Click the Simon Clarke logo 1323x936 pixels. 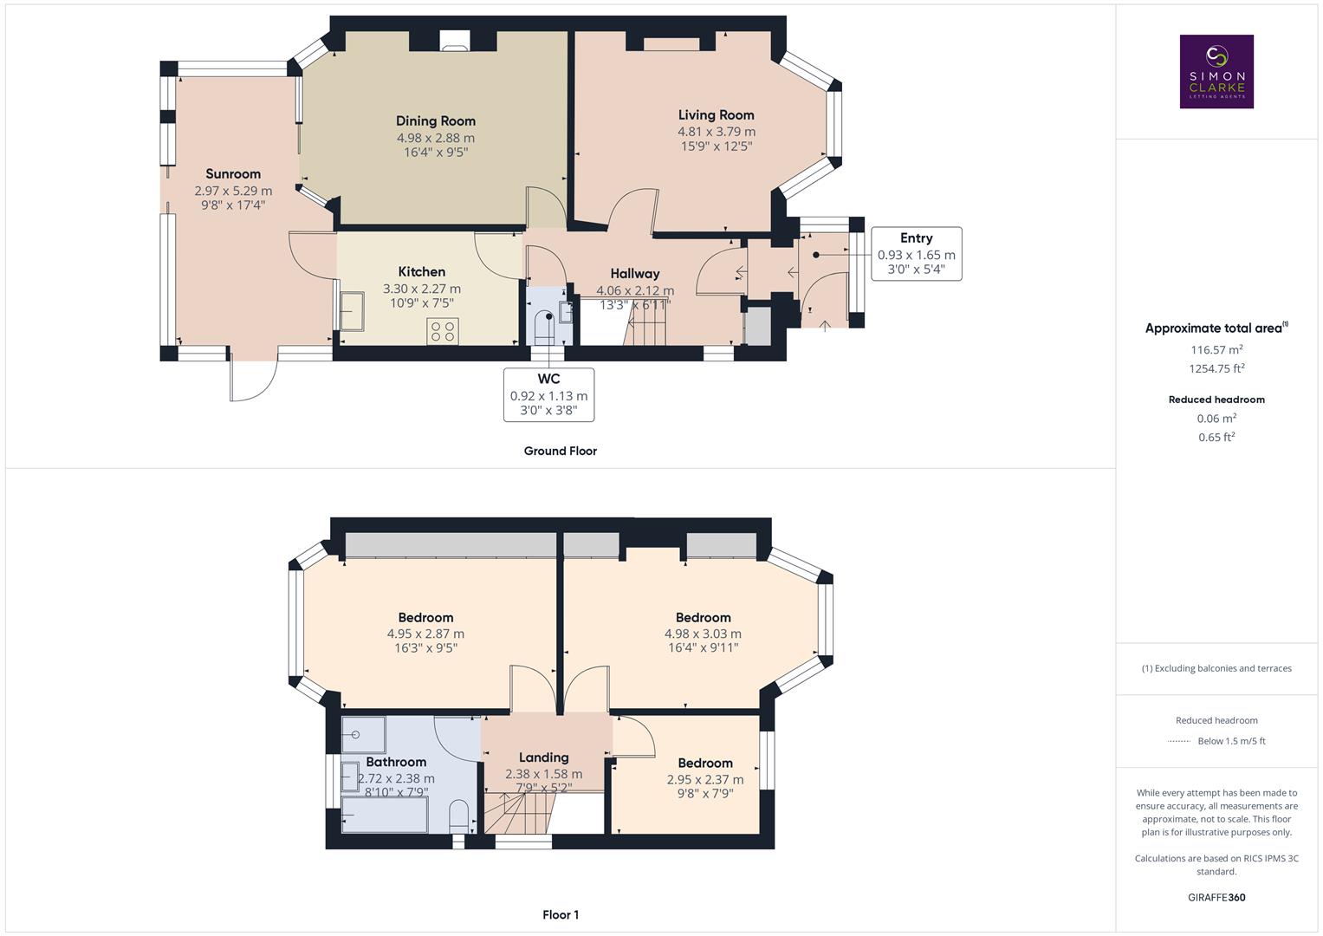click(1216, 72)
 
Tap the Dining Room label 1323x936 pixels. click(435, 121)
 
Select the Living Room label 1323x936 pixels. click(716, 115)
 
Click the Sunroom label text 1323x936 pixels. click(233, 174)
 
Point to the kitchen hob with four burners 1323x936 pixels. click(443, 330)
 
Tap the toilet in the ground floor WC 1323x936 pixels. click(543, 328)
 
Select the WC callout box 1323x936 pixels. click(548, 395)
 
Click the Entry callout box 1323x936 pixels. click(916, 254)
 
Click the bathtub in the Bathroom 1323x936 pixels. click(385, 815)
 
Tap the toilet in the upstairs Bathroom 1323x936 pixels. click(459, 816)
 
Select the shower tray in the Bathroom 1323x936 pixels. click(362, 735)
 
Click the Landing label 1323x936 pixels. click(543, 757)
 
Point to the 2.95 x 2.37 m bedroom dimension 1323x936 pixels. click(704, 779)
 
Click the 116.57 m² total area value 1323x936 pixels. click(1216, 350)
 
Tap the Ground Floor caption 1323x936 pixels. click(560, 451)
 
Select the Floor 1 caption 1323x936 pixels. click(561, 914)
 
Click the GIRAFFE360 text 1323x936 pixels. click(1216, 897)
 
